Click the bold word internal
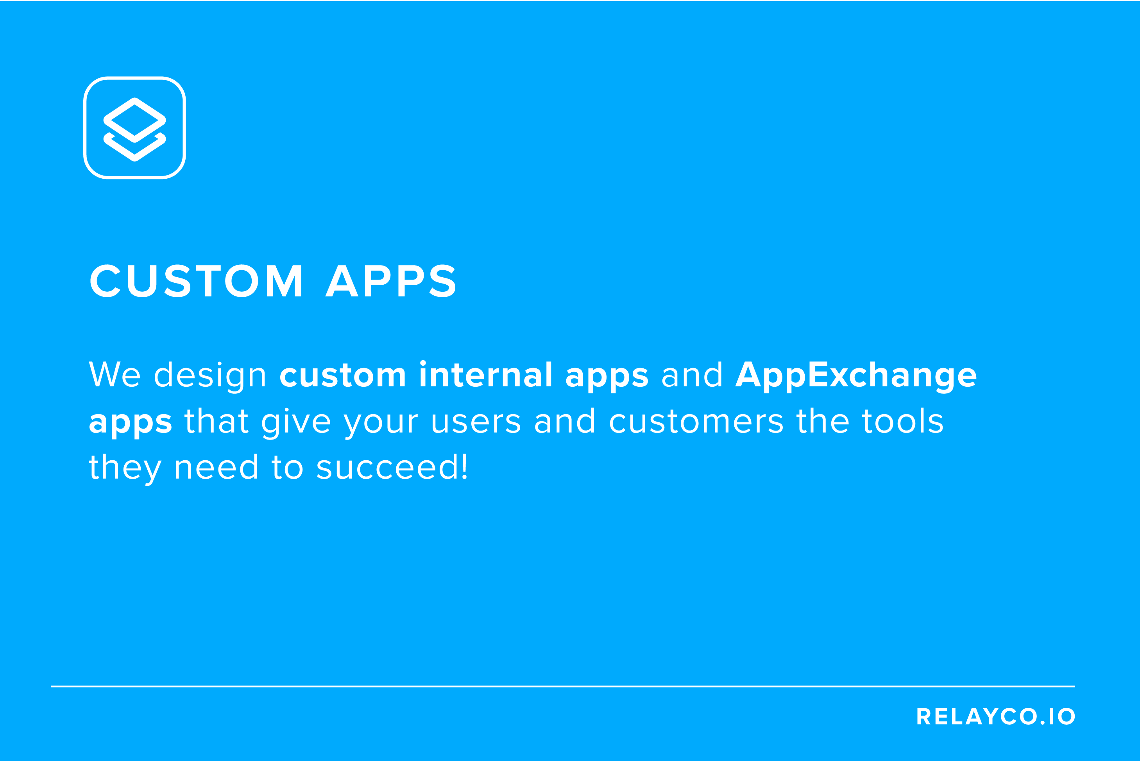(486, 375)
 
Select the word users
(476, 421)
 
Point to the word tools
(903, 420)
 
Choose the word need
(216, 467)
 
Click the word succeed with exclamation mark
(392, 467)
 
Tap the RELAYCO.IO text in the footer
(995, 716)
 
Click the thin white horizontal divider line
(563, 686)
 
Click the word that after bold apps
(216, 420)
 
